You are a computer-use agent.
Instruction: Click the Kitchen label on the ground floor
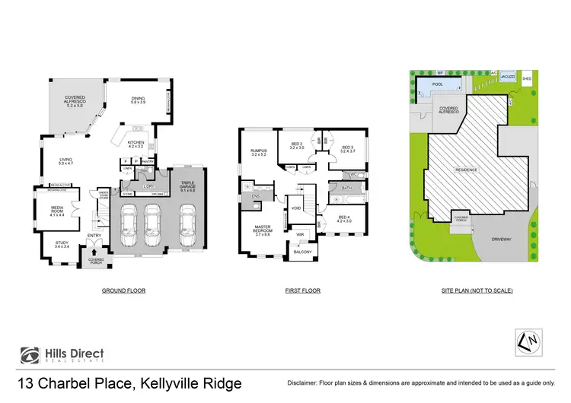pos(136,142)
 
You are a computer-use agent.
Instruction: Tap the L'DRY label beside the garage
pos(148,186)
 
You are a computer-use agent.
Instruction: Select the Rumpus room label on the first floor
pos(260,151)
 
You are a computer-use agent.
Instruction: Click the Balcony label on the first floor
pos(302,252)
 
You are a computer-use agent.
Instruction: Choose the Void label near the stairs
pos(297,208)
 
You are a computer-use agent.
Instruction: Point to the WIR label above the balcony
pos(300,234)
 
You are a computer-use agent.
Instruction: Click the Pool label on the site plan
pos(437,84)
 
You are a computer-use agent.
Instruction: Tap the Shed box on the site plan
pos(526,78)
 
